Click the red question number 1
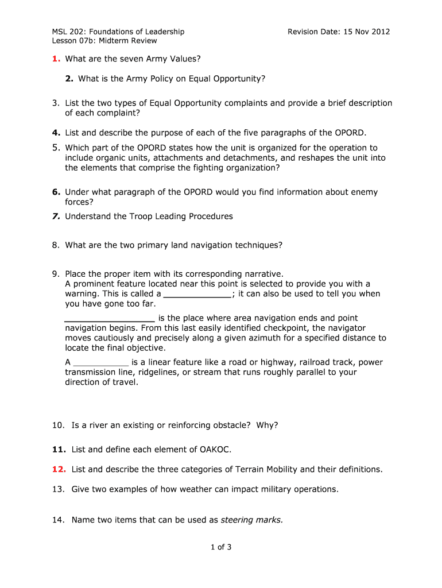click(x=56, y=59)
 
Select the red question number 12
click(x=59, y=469)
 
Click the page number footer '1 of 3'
click(x=220, y=547)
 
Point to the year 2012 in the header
click(x=379, y=32)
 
